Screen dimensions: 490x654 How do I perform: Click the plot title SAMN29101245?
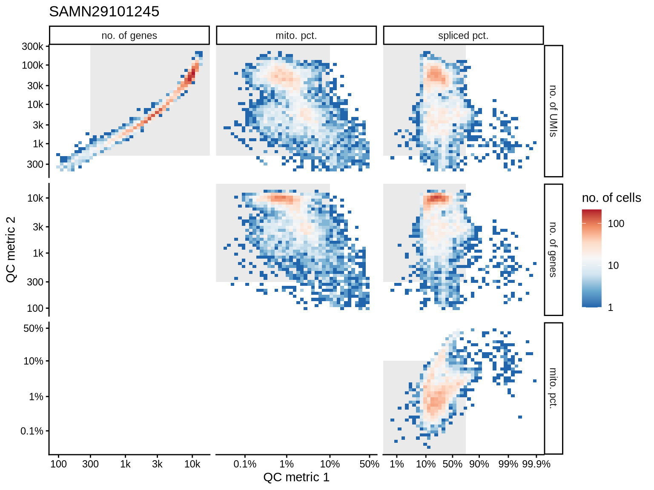(x=104, y=11)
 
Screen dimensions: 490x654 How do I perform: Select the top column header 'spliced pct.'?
(x=463, y=36)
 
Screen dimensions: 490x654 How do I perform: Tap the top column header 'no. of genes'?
(x=129, y=36)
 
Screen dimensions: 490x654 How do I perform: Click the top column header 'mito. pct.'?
(x=296, y=36)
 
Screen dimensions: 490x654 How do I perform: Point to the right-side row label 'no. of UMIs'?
(x=553, y=111)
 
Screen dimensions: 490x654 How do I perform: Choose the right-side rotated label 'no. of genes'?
(x=553, y=250)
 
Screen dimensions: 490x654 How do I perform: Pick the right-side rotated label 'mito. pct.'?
(x=553, y=388)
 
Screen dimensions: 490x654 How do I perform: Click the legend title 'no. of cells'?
(x=611, y=198)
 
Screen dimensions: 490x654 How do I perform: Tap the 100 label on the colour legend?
(x=616, y=224)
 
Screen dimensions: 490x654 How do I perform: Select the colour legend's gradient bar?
(x=592, y=258)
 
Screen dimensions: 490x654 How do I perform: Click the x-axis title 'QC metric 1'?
(x=296, y=477)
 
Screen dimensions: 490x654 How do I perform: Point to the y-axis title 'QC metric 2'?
(x=11, y=250)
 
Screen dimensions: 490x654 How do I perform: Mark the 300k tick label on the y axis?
(x=32, y=46)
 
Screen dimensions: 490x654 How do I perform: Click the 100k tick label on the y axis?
(x=32, y=66)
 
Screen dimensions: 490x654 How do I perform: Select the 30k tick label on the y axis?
(x=35, y=85)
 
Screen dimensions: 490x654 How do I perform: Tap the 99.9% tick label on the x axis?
(x=536, y=464)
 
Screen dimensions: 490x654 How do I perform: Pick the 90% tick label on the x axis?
(x=479, y=464)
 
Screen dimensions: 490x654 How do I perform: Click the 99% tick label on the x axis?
(x=508, y=464)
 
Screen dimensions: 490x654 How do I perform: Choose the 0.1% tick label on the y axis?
(x=32, y=431)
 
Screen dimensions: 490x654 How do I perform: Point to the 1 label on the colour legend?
(x=611, y=308)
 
